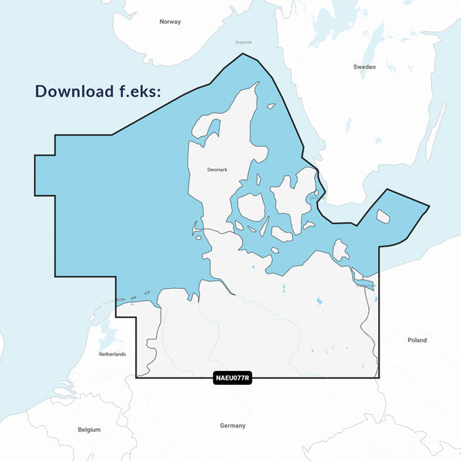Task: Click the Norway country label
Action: coord(170,22)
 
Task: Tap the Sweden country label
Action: coord(364,67)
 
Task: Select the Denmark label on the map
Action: coord(217,170)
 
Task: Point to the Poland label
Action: coord(417,340)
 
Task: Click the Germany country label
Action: coord(232,426)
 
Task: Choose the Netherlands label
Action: coord(112,354)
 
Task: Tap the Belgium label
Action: coord(89,429)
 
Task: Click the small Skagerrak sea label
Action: coord(244,42)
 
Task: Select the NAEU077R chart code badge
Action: coord(232,378)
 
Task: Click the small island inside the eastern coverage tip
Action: coord(383,217)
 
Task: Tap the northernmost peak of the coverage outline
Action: coord(243,54)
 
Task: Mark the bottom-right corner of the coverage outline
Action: coord(378,377)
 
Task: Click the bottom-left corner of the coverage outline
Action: coord(137,377)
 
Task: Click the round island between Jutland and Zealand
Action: coord(251,207)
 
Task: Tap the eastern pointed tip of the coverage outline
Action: coord(429,206)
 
